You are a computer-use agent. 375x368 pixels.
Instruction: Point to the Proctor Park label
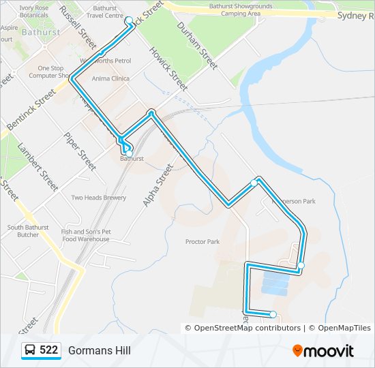[x=202, y=242]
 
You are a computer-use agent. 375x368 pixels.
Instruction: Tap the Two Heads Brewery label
[x=99, y=198]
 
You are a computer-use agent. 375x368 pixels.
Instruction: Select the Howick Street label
[x=168, y=70]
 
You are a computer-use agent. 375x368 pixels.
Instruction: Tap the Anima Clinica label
[x=110, y=79]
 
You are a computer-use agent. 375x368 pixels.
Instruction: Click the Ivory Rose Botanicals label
[x=34, y=11]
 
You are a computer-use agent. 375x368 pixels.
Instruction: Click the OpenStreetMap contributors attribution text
[x=247, y=328]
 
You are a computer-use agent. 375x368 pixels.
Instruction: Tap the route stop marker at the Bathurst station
[x=129, y=153]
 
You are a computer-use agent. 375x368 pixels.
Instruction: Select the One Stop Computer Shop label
[x=51, y=72]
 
